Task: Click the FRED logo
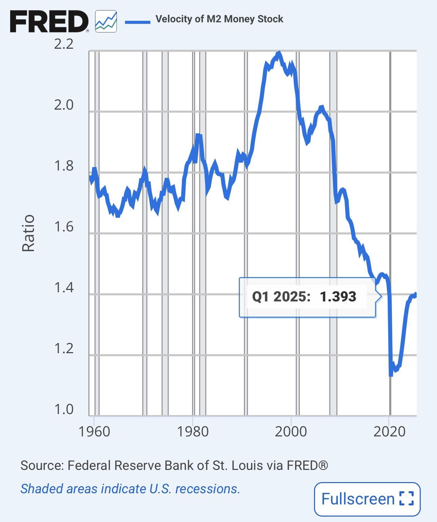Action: [x=49, y=21]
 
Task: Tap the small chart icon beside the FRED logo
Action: [x=106, y=21]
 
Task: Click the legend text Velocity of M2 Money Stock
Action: [x=219, y=19]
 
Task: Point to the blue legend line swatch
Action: [x=138, y=22]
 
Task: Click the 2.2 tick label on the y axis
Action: [x=64, y=44]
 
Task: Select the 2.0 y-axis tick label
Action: [x=64, y=105]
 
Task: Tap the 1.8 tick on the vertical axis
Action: [x=64, y=166]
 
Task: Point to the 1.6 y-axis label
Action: [x=64, y=227]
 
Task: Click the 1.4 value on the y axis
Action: [x=64, y=288]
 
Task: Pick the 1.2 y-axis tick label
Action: [x=64, y=348]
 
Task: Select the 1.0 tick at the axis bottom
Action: [x=64, y=409]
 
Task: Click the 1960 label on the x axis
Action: [x=94, y=432]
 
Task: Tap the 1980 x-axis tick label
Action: [x=193, y=432]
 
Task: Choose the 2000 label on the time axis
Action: [x=291, y=432]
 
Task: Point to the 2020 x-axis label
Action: [x=390, y=432]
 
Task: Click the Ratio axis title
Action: [x=28, y=233]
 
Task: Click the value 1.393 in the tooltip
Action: [x=338, y=297]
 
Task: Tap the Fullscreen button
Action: [x=367, y=499]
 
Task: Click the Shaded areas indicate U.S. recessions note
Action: [x=130, y=489]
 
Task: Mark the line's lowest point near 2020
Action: [x=391, y=374]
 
